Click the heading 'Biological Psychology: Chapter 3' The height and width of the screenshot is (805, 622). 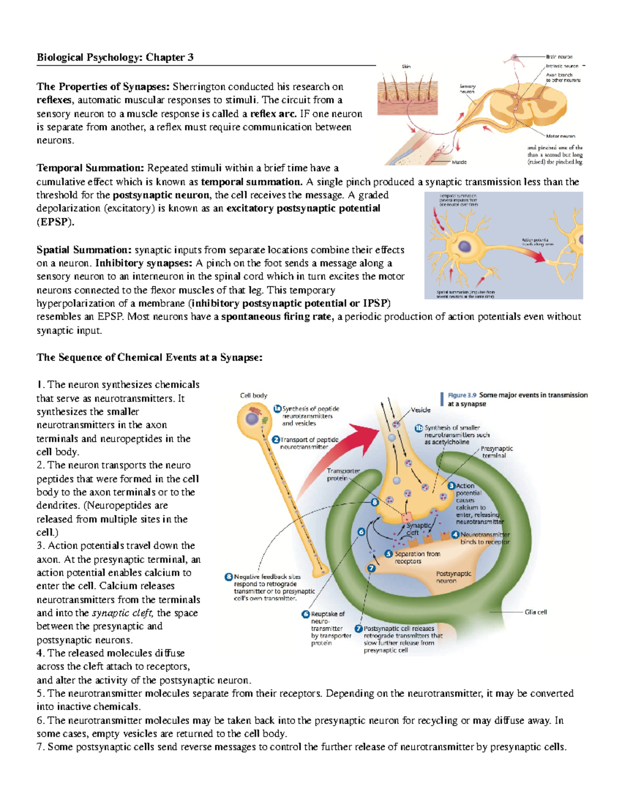point(115,58)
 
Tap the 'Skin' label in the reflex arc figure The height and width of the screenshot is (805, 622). point(406,66)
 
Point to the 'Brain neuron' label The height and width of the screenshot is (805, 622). point(559,57)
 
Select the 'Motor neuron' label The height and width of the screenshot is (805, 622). point(560,136)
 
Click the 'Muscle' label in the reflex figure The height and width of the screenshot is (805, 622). point(459,162)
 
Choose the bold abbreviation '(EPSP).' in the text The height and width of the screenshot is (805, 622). point(55,222)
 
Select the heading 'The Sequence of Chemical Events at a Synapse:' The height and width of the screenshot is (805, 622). point(149,358)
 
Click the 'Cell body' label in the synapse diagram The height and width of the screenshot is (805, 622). point(253,396)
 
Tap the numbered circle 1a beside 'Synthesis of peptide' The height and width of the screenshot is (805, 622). point(277,409)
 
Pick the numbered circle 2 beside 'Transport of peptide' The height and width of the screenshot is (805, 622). point(276,440)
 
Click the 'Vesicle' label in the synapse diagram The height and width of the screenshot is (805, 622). point(420,410)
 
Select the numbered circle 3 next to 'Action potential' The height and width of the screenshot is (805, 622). point(451,486)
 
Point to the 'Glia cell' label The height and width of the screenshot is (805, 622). point(535,612)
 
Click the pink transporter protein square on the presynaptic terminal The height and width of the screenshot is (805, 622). point(406,517)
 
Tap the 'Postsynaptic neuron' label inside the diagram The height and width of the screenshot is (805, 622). point(453,577)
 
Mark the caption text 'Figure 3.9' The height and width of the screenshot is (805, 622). point(462,395)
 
